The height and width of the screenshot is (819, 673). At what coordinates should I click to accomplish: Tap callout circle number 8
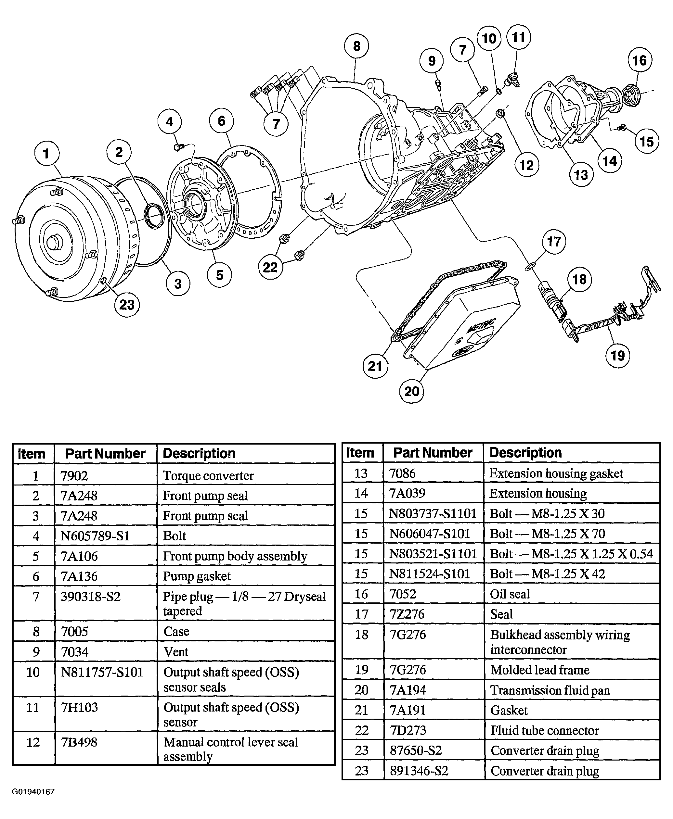pyautogui.click(x=356, y=46)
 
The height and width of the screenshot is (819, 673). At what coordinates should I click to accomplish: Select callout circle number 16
pyautogui.click(x=640, y=60)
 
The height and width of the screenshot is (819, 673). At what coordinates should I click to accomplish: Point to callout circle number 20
pyautogui.click(x=412, y=391)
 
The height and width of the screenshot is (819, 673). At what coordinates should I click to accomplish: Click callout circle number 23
pyautogui.click(x=127, y=305)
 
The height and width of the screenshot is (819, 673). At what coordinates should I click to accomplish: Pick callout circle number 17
pyautogui.click(x=554, y=242)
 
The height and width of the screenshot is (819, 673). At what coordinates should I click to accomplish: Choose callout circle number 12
pyautogui.click(x=526, y=165)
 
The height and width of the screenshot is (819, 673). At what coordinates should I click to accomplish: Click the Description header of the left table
pyautogui.click(x=199, y=453)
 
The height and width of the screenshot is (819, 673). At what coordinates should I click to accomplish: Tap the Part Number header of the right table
pyautogui.click(x=433, y=452)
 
